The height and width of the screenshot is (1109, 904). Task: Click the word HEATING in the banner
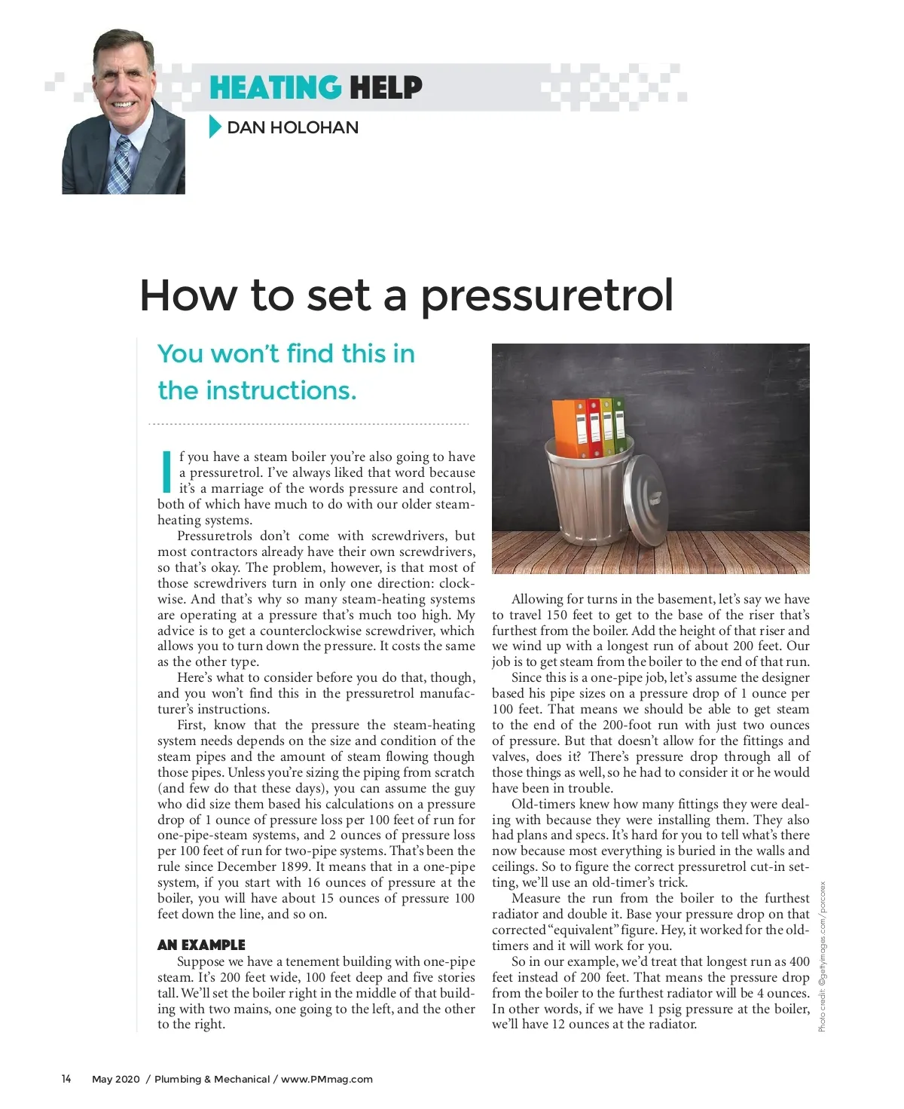(x=274, y=87)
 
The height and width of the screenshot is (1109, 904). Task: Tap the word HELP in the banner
(x=385, y=87)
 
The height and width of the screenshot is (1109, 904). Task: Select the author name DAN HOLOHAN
(x=292, y=127)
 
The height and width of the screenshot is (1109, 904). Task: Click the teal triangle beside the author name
(x=215, y=127)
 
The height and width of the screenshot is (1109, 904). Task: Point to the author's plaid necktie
(x=120, y=166)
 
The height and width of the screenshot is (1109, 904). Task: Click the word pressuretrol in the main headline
(x=546, y=295)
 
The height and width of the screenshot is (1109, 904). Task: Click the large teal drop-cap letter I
(x=166, y=472)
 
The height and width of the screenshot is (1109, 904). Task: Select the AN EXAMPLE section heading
(x=201, y=945)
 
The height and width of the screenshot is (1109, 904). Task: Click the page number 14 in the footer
(x=66, y=1079)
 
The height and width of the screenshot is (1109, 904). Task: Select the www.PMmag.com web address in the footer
(x=327, y=1079)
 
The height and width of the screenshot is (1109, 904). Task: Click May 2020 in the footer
(x=116, y=1079)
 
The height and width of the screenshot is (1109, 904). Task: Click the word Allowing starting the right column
(x=537, y=599)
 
